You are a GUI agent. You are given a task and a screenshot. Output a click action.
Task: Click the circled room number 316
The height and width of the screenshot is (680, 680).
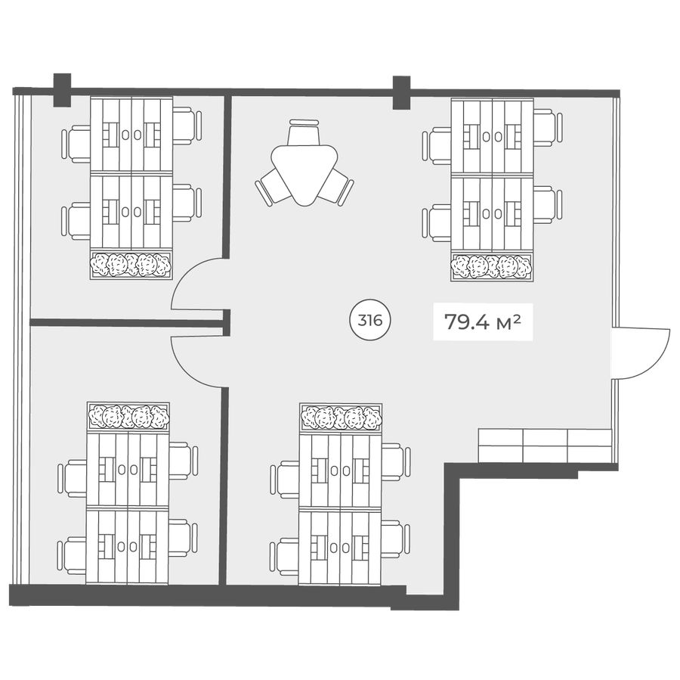tap(370, 321)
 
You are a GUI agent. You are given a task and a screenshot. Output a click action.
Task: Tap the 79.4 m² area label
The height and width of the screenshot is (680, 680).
tap(483, 322)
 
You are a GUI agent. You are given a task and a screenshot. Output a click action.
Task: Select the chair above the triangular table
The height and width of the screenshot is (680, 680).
tap(304, 132)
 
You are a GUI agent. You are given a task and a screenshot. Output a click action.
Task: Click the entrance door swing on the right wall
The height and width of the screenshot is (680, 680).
tap(641, 352)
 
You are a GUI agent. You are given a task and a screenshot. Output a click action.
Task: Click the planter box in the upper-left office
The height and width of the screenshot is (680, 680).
tap(131, 265)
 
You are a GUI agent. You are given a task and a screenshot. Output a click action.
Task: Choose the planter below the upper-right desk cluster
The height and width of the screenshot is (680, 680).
tap(492, 266)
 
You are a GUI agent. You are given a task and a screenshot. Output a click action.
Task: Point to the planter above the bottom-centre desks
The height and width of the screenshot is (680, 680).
tap(341, 417)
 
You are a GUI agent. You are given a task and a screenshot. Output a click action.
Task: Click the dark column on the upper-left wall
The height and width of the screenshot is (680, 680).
tap(62, 90)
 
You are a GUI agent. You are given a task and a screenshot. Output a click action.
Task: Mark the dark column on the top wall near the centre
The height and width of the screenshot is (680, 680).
tap(402, 92)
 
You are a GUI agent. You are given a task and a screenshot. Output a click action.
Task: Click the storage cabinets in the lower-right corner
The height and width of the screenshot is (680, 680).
tap(545, 446)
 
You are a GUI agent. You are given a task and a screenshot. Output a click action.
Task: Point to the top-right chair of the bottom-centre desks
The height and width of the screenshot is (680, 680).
tap(395, 461)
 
